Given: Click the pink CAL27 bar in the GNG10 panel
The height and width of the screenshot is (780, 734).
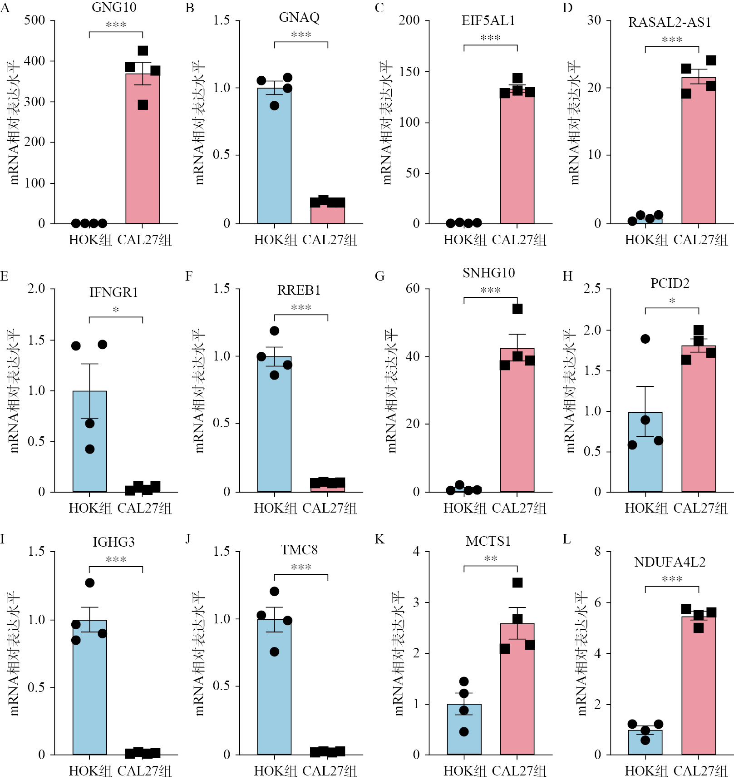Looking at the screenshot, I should point(143,150).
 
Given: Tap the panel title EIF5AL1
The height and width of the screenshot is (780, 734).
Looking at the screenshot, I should point(488,21).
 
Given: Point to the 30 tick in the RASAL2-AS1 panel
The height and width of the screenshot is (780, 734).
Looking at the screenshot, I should point(594,20).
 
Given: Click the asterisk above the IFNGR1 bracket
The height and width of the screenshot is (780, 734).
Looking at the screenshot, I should point(116,310).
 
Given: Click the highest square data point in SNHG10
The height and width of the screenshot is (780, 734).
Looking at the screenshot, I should point(517,309).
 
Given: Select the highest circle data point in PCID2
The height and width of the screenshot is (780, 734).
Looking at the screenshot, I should point(645,339).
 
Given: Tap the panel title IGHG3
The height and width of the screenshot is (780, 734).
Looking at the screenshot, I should point(113,542).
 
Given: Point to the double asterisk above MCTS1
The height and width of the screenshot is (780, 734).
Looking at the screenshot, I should point(491,558).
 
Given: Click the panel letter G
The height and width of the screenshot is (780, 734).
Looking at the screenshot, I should point(379,276).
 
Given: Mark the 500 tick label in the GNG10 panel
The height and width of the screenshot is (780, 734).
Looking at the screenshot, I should point(34,20).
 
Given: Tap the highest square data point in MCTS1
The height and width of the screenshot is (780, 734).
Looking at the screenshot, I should point(517,583).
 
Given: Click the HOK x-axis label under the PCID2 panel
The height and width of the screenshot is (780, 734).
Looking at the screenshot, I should point(646,508).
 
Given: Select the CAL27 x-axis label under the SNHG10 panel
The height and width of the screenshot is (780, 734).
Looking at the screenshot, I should point(519,508).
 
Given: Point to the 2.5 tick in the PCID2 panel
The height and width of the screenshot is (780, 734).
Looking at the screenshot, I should point(592,289).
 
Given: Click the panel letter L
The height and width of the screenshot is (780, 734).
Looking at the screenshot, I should point(567,539).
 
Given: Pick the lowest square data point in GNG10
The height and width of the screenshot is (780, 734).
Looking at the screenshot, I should point(143,105).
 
